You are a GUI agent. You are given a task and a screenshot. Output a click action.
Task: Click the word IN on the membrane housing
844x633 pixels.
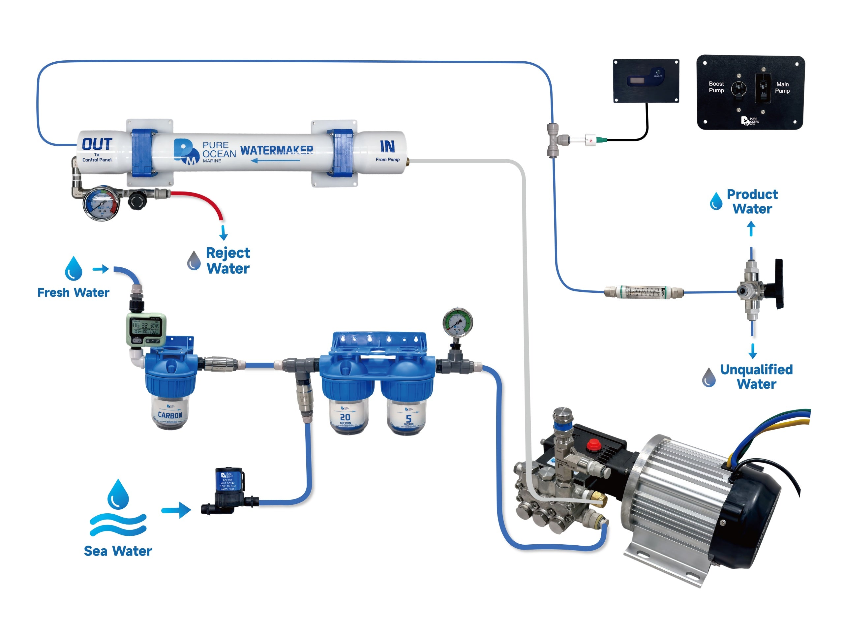coord(387,146)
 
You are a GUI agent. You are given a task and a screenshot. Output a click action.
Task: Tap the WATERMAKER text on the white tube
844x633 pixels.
coord(277,150)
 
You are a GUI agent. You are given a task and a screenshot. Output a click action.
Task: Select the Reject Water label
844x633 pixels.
coord(228,260)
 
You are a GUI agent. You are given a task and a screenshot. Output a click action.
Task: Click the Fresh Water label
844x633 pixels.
coord(73,293)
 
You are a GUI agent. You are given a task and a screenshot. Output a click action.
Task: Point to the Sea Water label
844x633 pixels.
coord(118,551)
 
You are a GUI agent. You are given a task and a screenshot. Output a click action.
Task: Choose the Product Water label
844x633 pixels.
coord(752,201)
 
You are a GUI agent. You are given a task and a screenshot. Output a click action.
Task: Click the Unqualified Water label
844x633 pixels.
coord(756,377)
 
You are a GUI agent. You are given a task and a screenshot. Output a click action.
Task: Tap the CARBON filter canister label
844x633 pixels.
coord(170,415)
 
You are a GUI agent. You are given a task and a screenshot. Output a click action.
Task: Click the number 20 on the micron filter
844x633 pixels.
coord(345,417)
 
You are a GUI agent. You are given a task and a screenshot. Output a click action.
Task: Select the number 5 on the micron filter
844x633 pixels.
coord(408,419)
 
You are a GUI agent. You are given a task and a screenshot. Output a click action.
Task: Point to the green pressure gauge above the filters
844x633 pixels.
coord(458,322)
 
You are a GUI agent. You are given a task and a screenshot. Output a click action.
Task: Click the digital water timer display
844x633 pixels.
coord(145,327)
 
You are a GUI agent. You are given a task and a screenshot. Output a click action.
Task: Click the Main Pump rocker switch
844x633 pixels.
coord(763,88)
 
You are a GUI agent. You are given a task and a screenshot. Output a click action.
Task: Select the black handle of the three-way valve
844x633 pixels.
coord(779,284)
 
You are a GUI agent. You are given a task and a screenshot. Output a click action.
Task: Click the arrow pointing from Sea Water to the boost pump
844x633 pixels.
coord(176,510)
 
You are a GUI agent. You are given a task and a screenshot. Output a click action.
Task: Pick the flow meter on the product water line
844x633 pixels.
coord(643,292)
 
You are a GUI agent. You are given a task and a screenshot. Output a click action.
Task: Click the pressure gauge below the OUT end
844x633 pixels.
coord(101,203)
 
